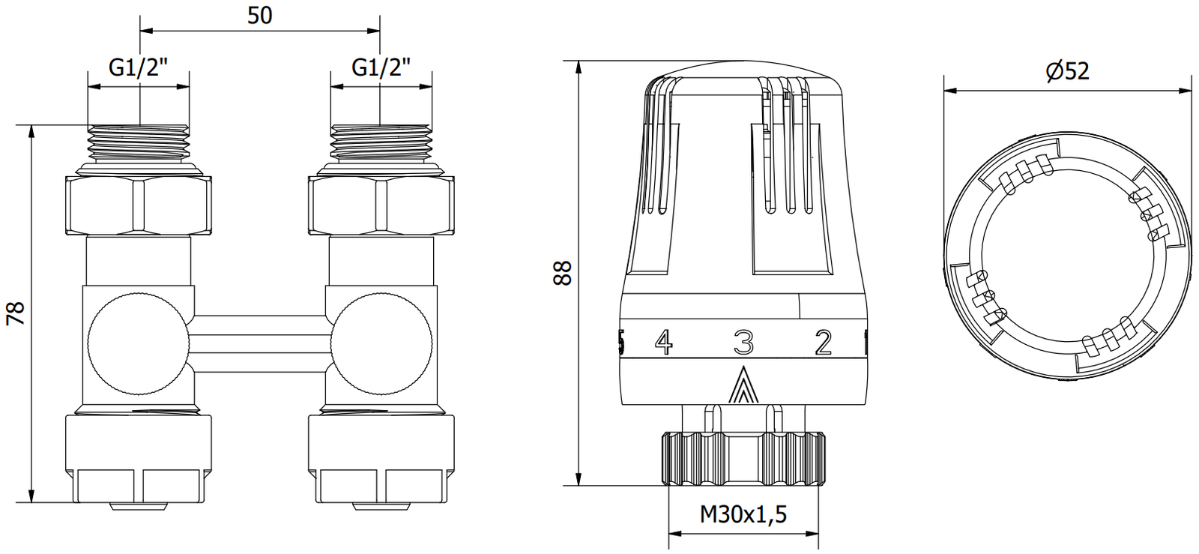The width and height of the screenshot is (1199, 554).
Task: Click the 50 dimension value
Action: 259,16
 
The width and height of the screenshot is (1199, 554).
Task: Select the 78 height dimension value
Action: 16,313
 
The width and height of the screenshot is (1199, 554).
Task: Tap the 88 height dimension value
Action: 563,273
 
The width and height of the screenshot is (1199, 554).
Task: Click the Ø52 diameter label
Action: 1068,71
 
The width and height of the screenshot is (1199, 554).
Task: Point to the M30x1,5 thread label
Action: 743,514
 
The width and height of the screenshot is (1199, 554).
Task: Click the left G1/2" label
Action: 139,67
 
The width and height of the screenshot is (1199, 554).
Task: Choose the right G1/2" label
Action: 381,67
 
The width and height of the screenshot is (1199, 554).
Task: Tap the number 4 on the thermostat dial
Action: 664,342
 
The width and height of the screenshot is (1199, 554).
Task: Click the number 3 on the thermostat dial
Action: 743,342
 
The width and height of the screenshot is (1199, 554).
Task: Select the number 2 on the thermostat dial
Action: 824,342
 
